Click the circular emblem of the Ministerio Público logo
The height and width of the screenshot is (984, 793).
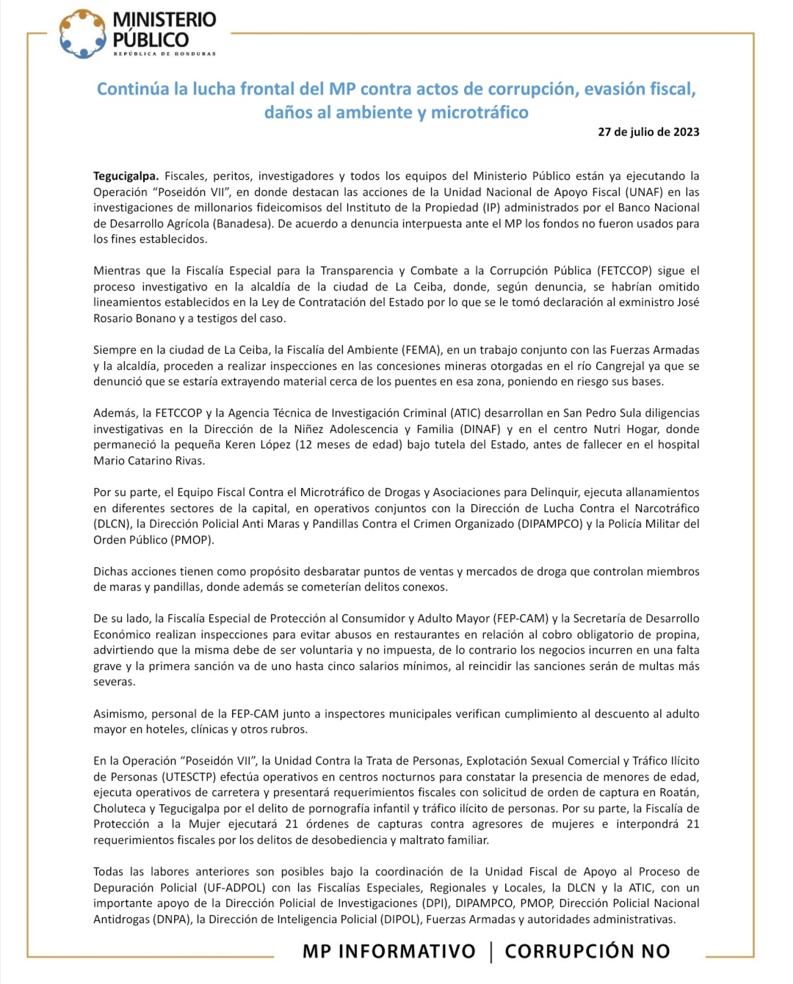(x=83, y=34)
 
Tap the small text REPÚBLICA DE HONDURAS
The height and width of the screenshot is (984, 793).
(x=164, y=54)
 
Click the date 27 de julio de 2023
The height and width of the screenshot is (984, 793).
(x=648, y=132)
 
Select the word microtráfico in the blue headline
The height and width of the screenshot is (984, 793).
(x=479, y=112)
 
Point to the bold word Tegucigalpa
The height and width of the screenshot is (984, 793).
(x=126, y=176)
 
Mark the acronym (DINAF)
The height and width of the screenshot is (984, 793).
(x=480, y=429)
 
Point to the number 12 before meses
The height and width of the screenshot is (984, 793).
(x=306, y=445)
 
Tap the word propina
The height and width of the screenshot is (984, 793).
(x=678, y=635)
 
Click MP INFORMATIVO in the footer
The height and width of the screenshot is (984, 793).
(x=388, y=952)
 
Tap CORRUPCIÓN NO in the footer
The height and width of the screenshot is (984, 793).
(x=587, y=952)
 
